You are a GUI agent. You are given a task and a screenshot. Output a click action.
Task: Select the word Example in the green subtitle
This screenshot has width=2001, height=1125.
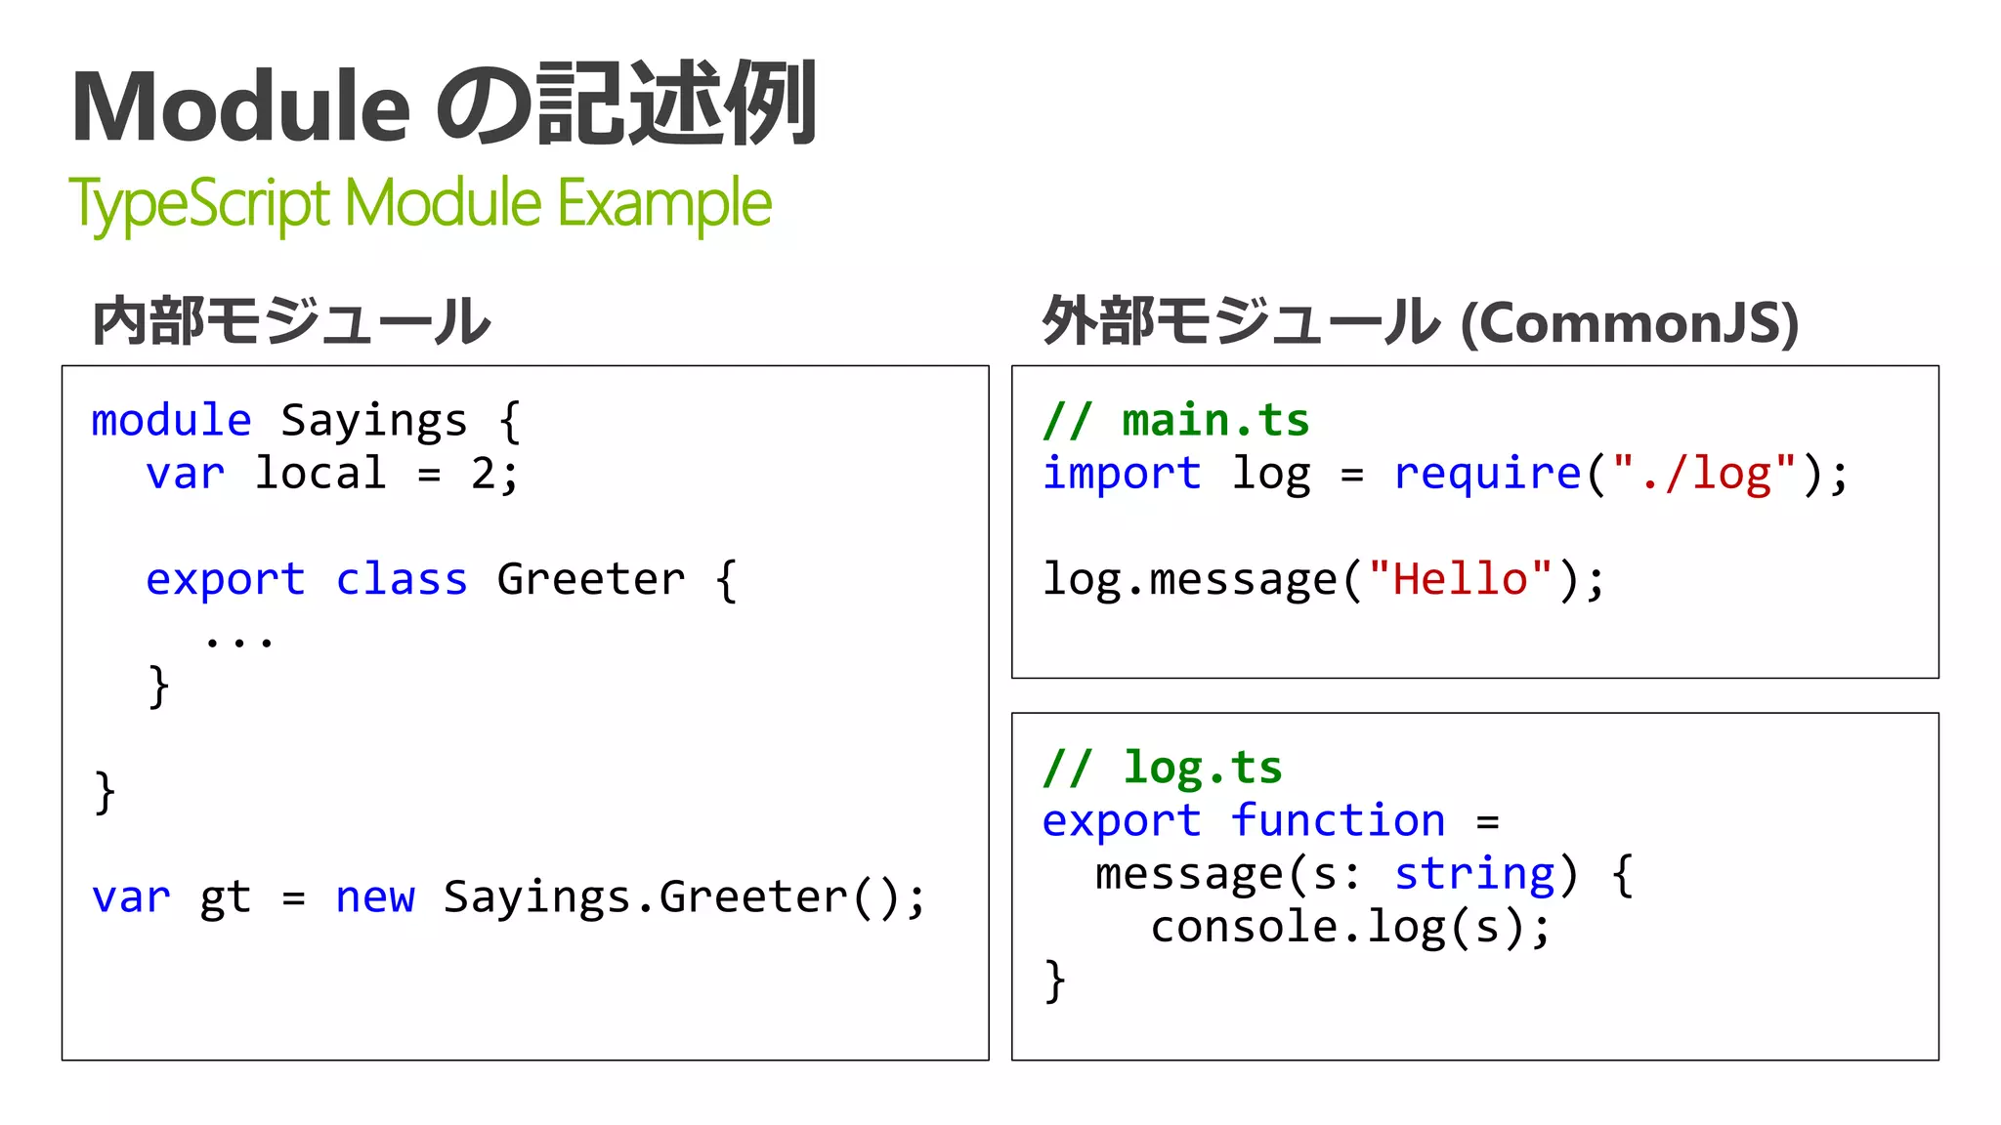(664, 204)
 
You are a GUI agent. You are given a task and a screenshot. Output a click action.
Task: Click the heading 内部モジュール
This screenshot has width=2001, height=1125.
(291, 321)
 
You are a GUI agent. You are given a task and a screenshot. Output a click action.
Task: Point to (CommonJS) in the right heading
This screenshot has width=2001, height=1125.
(1629, 323)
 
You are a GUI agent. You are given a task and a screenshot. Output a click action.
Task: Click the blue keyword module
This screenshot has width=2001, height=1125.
(171, 421)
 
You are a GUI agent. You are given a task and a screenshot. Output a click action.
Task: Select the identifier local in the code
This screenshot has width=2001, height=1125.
(320, 474)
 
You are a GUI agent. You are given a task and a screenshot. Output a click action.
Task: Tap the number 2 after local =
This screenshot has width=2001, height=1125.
(483, 474)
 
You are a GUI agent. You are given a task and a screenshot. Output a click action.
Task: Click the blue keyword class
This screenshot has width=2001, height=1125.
(402, 579)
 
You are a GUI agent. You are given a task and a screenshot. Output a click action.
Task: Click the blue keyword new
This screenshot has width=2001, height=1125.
(375, 896)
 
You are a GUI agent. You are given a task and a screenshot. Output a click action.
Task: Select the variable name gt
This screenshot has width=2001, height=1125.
(225, 896)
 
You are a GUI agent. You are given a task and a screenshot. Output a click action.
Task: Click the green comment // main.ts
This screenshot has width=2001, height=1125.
(1175, 421)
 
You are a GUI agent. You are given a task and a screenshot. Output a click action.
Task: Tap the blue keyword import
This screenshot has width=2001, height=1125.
(1122, 474)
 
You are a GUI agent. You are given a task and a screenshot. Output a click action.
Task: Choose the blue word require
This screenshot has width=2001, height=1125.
(1487, 474)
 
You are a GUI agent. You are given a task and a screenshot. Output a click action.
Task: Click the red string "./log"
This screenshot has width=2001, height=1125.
(1704, 474)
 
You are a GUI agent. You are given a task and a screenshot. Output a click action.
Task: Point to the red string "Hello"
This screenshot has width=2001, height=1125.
(1460, 579)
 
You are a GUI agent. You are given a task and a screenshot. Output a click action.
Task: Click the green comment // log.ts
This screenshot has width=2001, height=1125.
(1162, 768)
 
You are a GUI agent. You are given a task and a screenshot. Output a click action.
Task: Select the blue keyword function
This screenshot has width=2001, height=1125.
(1338, 820)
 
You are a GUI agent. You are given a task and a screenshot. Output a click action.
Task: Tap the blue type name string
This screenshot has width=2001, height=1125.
(1474, 873)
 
